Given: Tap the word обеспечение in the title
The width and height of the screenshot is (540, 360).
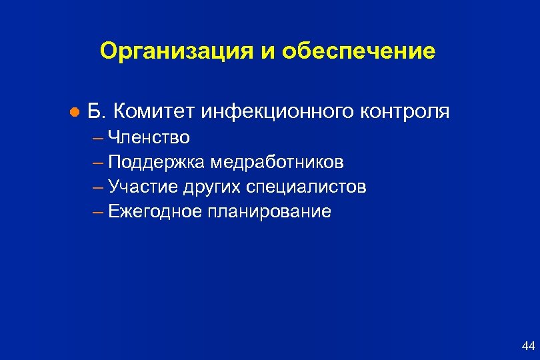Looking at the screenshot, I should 359,51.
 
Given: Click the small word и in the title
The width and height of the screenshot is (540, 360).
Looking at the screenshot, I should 266,51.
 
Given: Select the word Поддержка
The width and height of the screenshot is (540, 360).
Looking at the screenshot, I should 157,162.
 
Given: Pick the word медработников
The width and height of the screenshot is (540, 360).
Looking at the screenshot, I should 278,162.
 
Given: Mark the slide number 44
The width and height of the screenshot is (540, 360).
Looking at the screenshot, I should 528,345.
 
